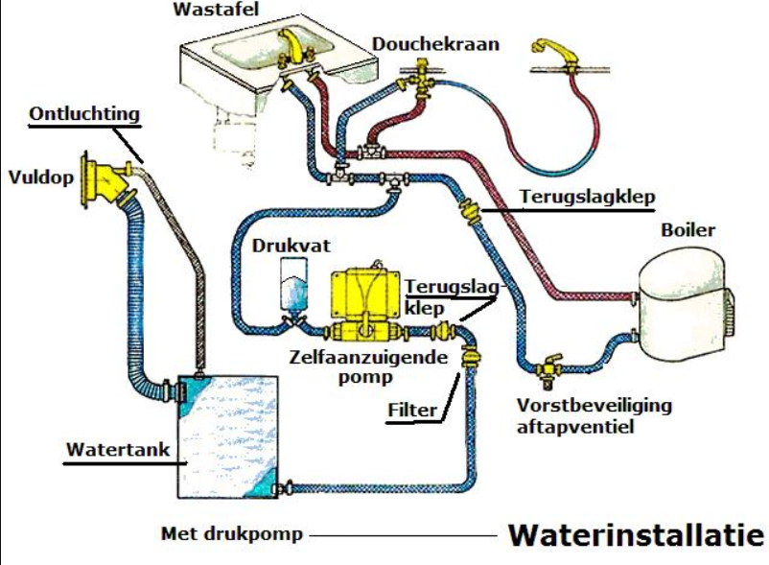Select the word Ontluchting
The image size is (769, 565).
tap(84, 114)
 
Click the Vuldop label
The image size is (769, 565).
tap(39, 177)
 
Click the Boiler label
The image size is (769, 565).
tap(687, 231)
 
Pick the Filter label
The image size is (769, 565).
tap(412, 411)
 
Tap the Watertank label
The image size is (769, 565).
tap(106, 450)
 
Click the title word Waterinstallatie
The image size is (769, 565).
tap(635, 534)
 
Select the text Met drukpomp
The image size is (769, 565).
tap(231, 534)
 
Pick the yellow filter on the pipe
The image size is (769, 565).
tap(471, 359)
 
